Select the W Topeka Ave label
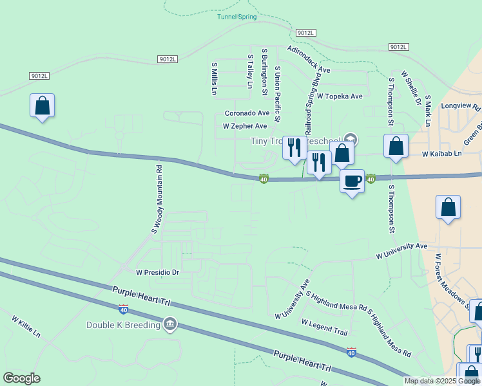pyautogui.click(x=340, y=96)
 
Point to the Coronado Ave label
pyautogui.click(x=246, y=113)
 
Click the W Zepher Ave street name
pyautogui.click(x=245, y=127)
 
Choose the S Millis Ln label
pyautogui.click(x=214, y=78)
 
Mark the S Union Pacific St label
pyautogui.click(x=278, y=94)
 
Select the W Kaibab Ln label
pyautogui.click(x=442, y=154)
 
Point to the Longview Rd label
pyautogui.click(x=461, y=106)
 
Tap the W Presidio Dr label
pyautogui.click(x=157, y=272)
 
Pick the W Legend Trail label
pyautogui.click(x=324, y=327)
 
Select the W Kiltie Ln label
pyautogui.click(x=26, y=326)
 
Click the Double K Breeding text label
pyautogui.click(x=123, y=325)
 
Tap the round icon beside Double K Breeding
pyautogui.click(x=170, y=323)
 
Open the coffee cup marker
pyautogui.click(x=352, y=181)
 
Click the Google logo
pyautogui.click(x=21, y=378)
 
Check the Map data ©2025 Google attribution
pyautogui.click(x=441, y=381)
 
